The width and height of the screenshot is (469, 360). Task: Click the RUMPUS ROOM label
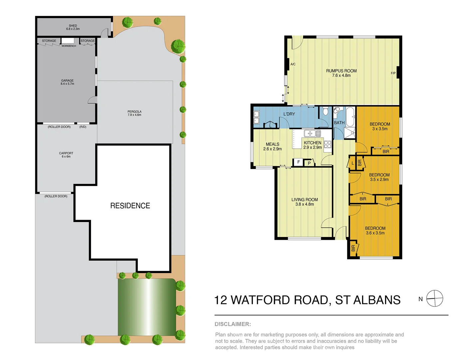click(341, 71)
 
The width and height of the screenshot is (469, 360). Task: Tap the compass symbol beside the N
click(435, 298)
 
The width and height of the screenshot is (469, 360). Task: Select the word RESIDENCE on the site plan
click(130, 206)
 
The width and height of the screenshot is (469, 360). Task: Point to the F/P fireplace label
click(393, 73)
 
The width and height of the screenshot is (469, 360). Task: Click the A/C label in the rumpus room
click(293, 64)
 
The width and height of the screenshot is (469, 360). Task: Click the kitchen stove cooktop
click(328, 144)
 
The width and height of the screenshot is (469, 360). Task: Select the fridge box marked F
click(298, 162)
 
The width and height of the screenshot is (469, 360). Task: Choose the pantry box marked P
click(309, 163)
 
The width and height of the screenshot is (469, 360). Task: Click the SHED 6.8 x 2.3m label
click(73, 27)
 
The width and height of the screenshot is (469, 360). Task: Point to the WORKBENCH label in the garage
click(69, 46)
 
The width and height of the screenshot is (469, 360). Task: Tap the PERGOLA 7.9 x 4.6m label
click(134, 113)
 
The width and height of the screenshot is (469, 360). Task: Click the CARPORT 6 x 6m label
click(66, 155)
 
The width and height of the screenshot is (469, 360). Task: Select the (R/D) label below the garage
click(83, 127)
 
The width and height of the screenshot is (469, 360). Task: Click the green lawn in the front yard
click(147, 307)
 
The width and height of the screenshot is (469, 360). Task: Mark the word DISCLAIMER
click(233, 324)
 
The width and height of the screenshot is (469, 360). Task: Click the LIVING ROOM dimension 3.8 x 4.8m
click(304, 204)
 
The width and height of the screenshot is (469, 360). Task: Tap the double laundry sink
click(256, 118)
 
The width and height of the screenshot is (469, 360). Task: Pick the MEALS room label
click(272, 144)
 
